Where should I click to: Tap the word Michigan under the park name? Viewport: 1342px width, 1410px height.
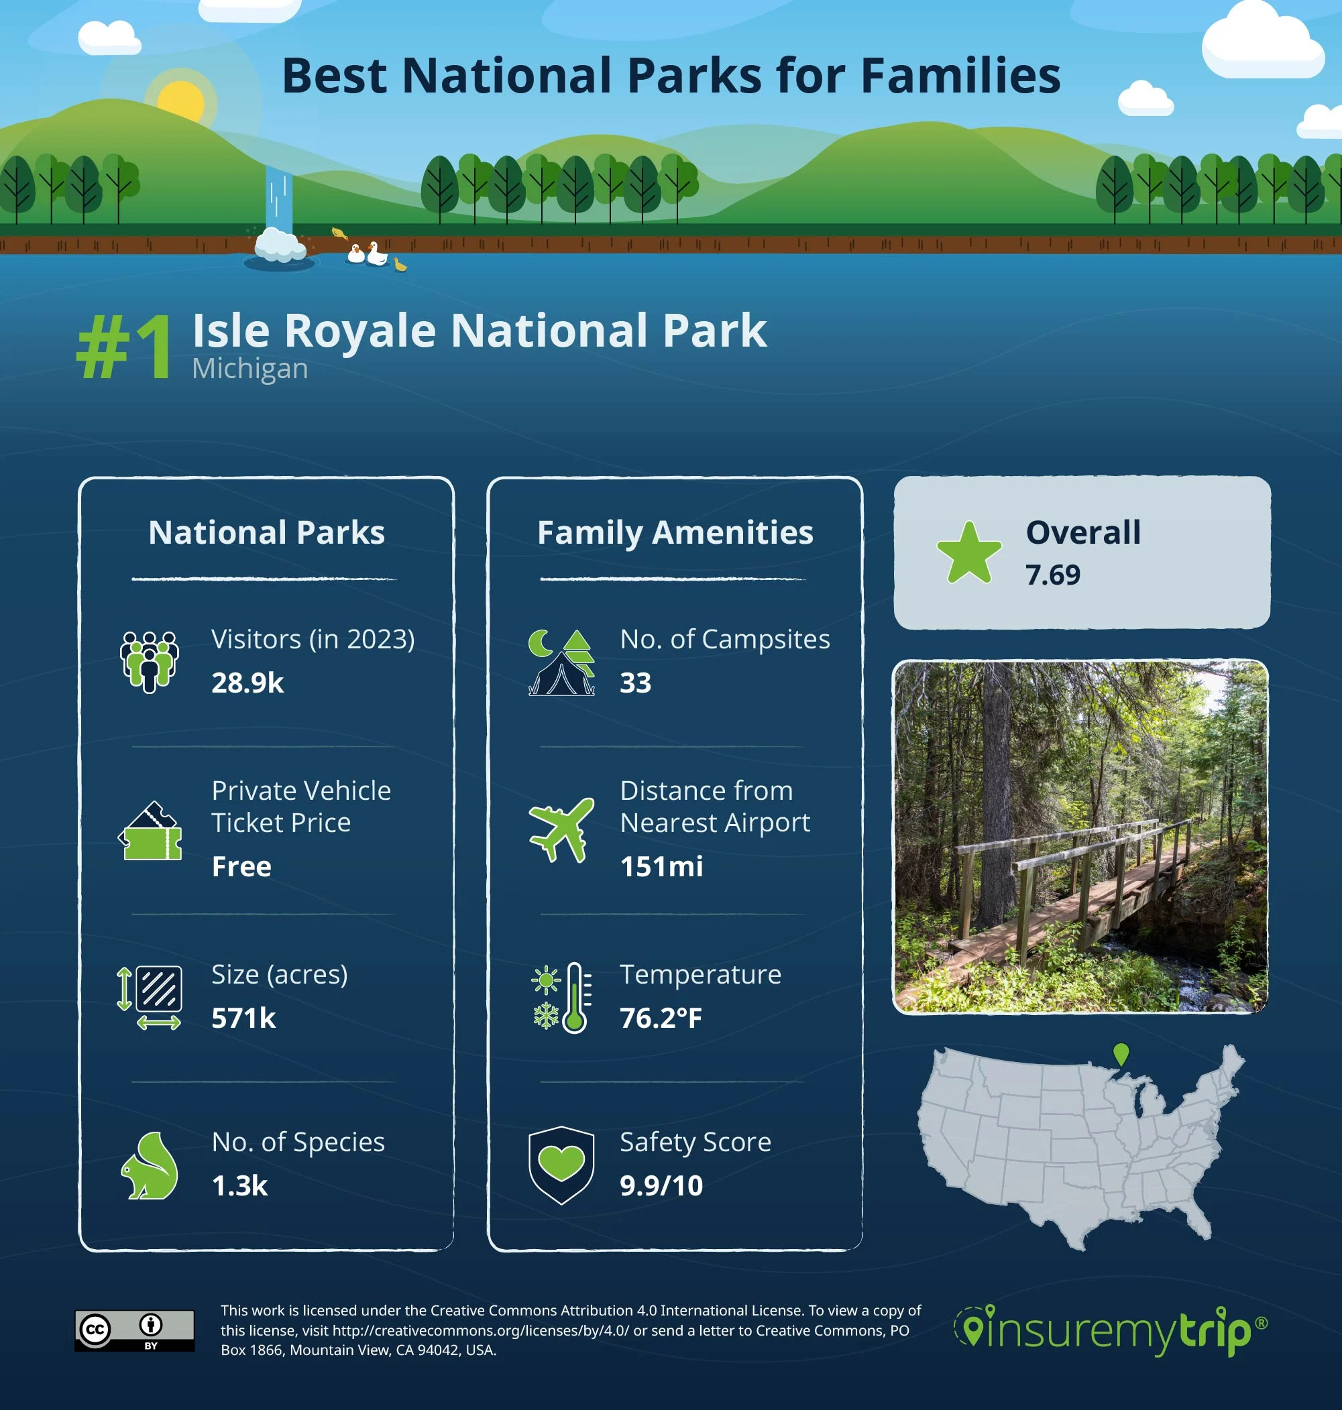pos(249,369)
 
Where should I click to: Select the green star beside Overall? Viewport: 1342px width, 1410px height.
pos(968,553)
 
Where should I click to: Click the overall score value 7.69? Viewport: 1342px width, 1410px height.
pos(1052,575)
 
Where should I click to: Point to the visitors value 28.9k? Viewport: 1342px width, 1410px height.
pos(247,683)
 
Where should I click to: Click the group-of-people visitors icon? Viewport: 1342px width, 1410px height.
pos(149,661)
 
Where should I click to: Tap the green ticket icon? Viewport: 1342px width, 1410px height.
pos(150,831)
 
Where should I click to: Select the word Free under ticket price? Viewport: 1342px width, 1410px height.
pos(241,867)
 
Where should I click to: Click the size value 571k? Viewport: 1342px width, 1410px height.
pos(243,1018)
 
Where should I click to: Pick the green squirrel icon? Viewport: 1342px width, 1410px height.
pos(150,1166)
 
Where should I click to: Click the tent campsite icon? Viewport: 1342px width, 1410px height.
pos(561,663)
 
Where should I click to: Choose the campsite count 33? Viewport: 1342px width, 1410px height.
pos(635,683)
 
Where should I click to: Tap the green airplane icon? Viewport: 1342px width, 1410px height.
pos(561,829)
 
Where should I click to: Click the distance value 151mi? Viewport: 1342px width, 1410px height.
pos(661,867)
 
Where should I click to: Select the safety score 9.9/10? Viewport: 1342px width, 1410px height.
pos(661,1186)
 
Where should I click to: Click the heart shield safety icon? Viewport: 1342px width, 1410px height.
pos(561,1165)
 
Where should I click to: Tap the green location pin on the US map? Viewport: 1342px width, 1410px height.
pos(1121,1053)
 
